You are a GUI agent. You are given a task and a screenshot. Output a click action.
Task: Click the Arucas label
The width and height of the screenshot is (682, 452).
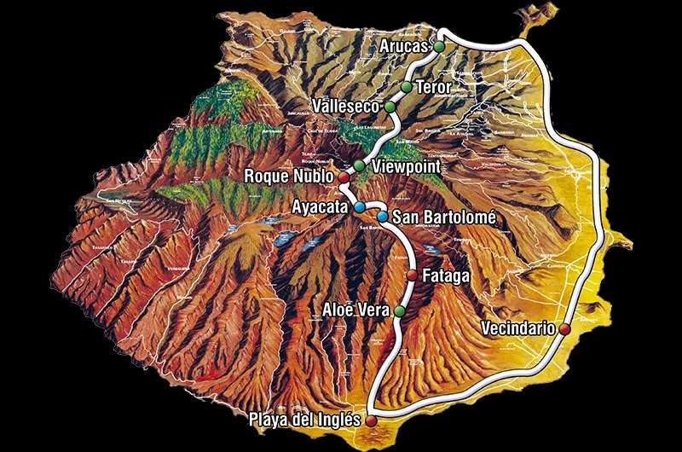click(x=406, y=46)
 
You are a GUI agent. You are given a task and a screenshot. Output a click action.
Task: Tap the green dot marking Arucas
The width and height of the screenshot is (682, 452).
click(x=439, y=46)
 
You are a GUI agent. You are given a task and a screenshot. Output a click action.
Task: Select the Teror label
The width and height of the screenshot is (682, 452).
click(x=433, y=87)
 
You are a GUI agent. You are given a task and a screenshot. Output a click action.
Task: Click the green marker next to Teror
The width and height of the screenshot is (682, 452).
click(x=407, y=87)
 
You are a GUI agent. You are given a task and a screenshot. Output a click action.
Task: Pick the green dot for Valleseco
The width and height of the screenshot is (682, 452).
click(x=390, y=107)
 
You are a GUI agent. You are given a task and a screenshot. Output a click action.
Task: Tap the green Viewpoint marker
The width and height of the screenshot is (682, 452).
click(x=359, y=165)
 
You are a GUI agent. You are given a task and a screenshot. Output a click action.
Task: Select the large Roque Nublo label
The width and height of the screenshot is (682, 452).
click(x=291, y=177)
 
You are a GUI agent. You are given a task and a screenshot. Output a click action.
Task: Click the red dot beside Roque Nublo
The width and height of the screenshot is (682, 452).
click(x=344, y=177)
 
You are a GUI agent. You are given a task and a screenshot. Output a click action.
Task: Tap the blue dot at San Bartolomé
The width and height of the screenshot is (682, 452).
click(x=383, y=217)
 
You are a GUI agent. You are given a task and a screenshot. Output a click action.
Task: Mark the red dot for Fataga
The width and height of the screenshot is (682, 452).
click(x=413, y=275)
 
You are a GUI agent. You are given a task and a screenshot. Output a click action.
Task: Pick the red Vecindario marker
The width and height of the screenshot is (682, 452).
click(x=564, y=328)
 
